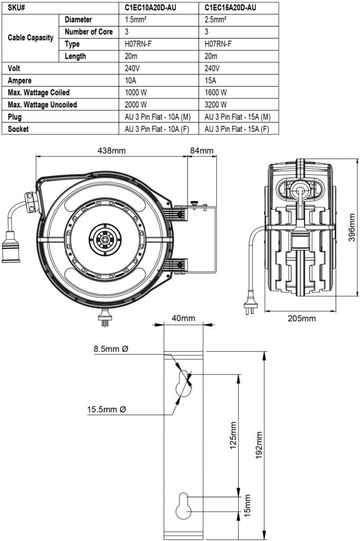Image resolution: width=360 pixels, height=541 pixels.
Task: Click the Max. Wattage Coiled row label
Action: (39, 92)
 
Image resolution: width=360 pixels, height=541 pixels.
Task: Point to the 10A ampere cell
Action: (131, 80)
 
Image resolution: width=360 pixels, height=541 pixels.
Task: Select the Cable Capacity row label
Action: (30, 38)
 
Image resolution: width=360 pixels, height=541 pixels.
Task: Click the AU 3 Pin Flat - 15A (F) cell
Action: (236, 129)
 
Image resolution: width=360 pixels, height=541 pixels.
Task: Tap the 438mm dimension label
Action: (112, 151)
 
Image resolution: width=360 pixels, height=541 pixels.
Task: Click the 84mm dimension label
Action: (202, 151)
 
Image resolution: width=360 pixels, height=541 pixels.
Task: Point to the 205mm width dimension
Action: (301, 318)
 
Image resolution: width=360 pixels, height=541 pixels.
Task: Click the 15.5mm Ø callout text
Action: (107, 409)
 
